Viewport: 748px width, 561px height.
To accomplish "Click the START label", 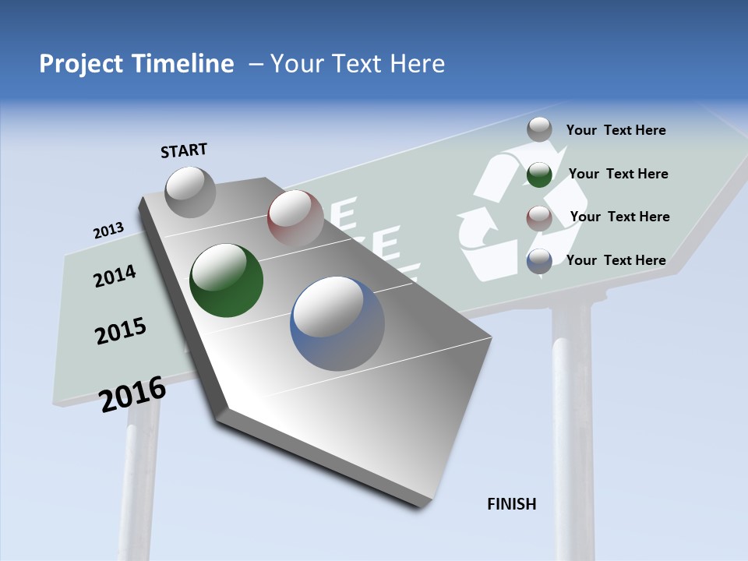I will point(184,150).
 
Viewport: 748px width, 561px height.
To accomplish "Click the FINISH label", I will point(512,504).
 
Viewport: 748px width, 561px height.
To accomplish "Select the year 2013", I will point(108,231).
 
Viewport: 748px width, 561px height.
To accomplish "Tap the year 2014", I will point(115,276).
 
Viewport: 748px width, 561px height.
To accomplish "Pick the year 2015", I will point(121,331).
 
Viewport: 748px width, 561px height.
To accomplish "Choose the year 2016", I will point(133,393).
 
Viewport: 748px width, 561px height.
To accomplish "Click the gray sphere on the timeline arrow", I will point(190,192).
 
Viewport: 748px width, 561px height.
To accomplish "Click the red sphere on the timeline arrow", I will point(295,217).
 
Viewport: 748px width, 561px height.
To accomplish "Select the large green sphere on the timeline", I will point(227,280).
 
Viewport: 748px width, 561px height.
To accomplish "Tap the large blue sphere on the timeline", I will point(337,323).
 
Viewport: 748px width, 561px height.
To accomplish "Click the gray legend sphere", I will point(539,130).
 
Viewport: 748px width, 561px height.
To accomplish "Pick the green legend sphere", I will point(539,175).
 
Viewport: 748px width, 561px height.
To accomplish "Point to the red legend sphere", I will point(539,217).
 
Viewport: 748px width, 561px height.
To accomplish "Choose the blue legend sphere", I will point(539,261).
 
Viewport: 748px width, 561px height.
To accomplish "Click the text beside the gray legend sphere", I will point(616,130).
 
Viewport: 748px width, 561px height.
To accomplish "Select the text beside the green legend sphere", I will point(618,174).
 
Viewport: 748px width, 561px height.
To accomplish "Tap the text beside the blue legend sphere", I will point(616,260).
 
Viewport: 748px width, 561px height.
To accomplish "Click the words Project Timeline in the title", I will point(136,64).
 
